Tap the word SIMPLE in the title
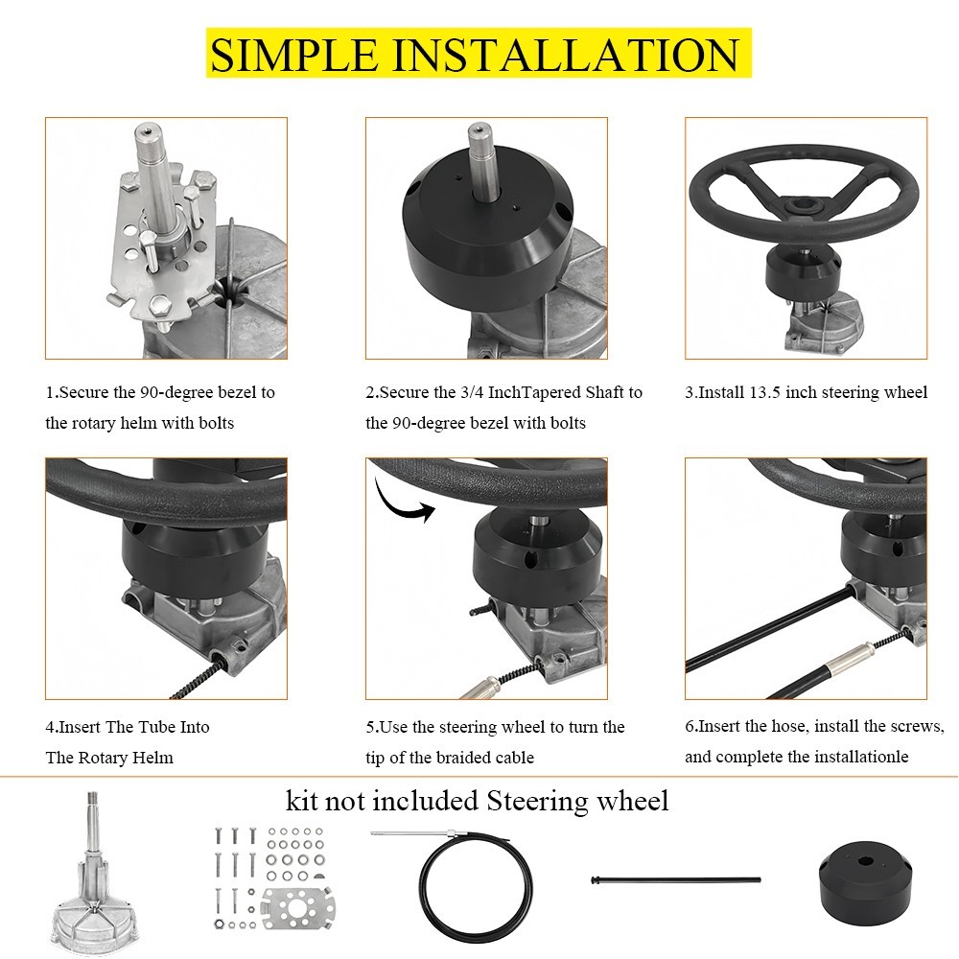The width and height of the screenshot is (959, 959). pyautogui.click(x=293, y=55)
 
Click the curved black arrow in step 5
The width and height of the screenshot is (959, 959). pyautogui.click(x=403, y=501)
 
